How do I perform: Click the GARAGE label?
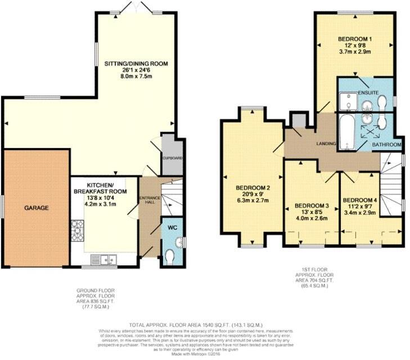point(36,208)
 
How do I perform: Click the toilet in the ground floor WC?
point(170,256)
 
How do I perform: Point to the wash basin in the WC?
point(179,242)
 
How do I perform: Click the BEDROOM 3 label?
point(311,205)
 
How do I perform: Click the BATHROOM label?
point(387,145)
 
